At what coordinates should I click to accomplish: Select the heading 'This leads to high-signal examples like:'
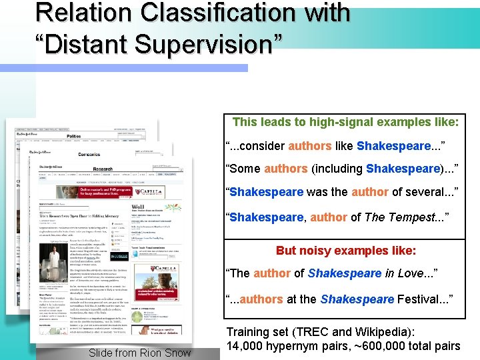coord(345,122)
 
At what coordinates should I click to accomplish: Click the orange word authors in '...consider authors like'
coord(310,146)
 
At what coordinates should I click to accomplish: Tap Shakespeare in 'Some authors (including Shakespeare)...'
coord(404,169)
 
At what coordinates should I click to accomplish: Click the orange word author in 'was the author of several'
coord(371,192)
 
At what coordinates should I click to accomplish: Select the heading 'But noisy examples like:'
coord(345,251)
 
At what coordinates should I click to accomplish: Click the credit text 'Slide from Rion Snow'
coord(139,353)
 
